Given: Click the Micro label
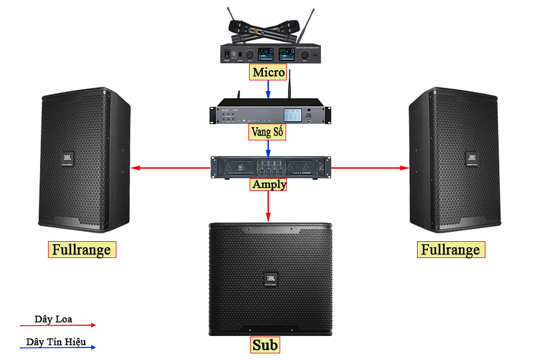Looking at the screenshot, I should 268,73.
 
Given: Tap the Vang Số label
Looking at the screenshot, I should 268,132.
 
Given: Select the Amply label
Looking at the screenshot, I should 269,184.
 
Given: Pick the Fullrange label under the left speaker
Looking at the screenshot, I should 82,250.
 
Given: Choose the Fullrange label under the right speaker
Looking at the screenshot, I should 451,250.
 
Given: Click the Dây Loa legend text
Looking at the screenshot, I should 53,319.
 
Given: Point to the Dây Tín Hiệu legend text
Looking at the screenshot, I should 56,342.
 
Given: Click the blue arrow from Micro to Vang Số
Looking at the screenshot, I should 268,89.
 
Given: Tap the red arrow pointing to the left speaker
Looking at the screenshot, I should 171,168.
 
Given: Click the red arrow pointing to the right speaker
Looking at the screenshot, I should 370,168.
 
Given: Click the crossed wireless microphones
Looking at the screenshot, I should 265,28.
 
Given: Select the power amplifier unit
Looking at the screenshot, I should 271,167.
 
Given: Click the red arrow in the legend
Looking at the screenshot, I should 58,325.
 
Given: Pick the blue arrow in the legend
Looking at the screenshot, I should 58,347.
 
